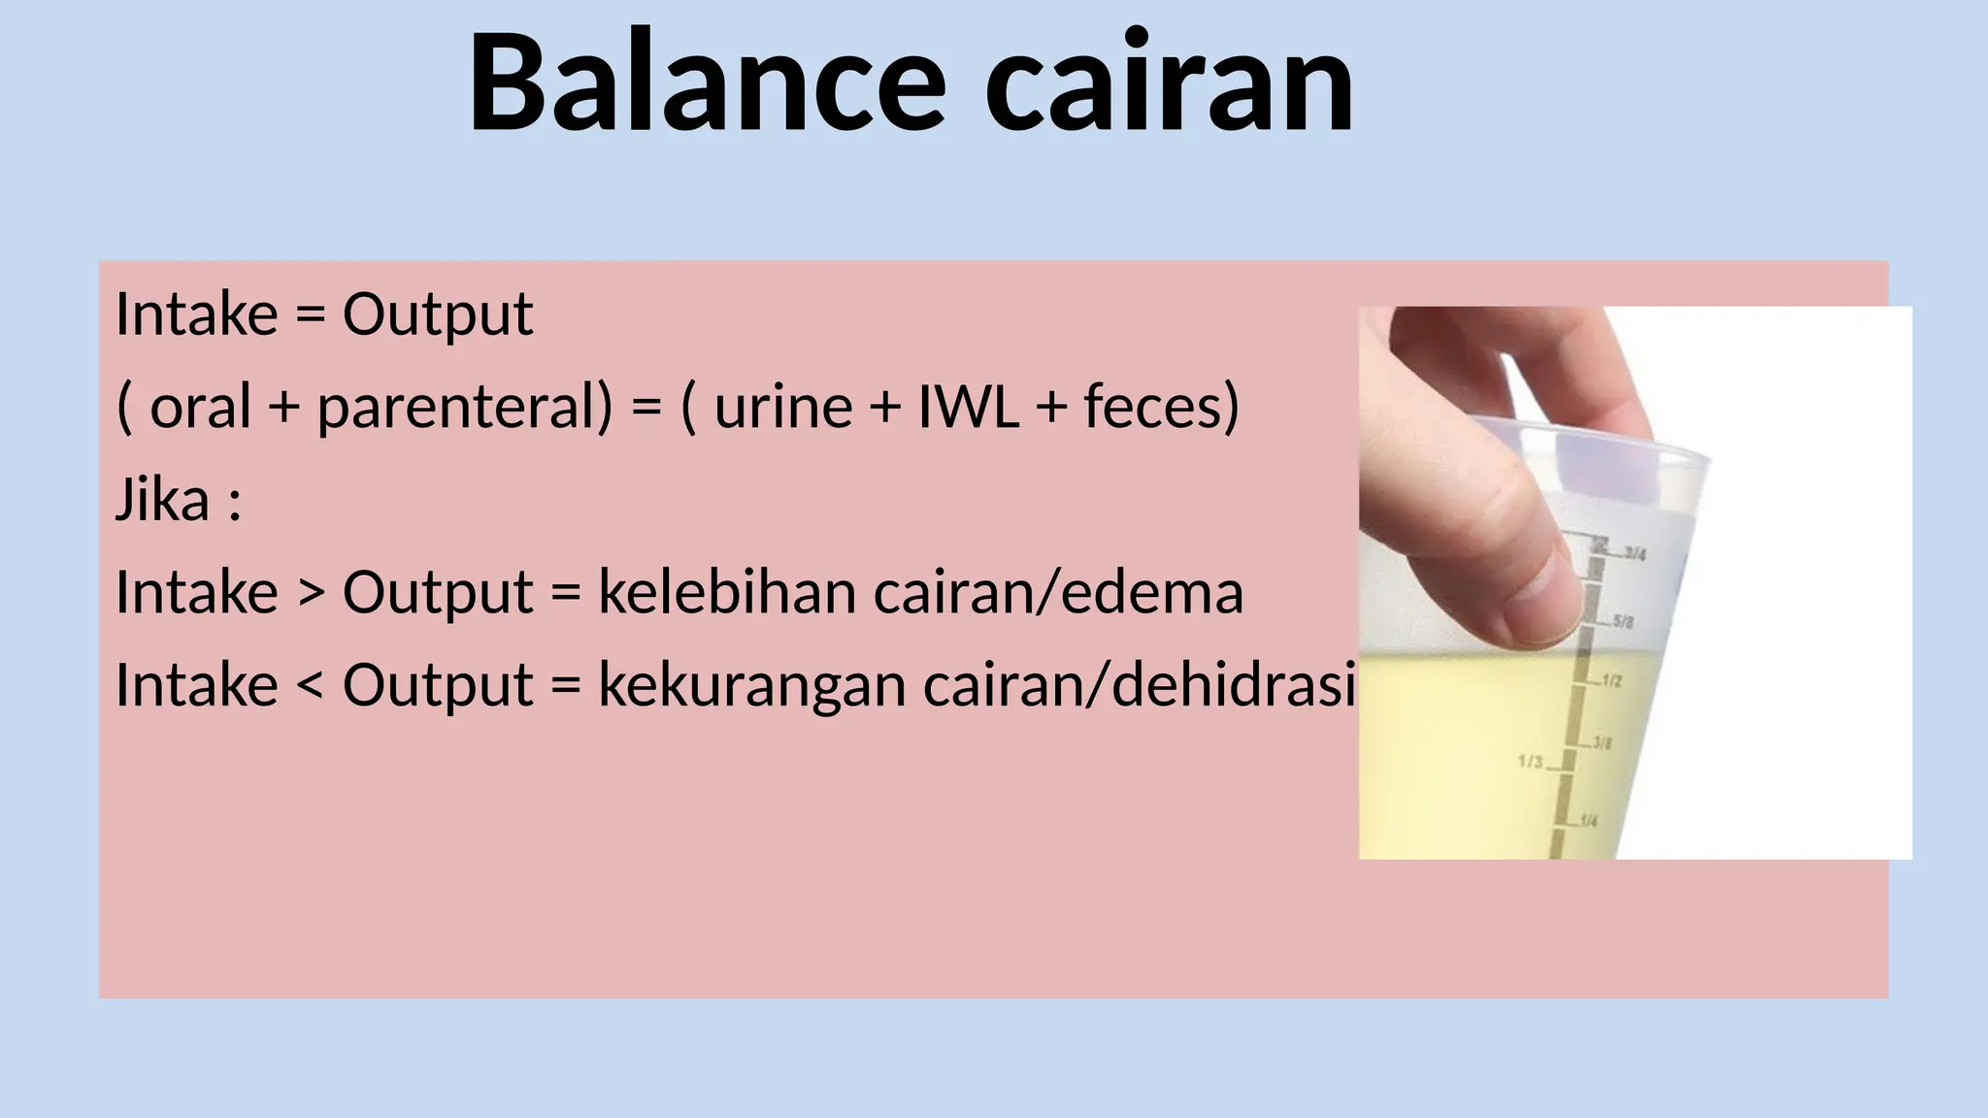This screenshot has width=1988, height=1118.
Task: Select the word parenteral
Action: pyautogui.click(x=464, y=408)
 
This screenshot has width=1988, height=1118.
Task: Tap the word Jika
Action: pyautogui.click(x=162, y=500)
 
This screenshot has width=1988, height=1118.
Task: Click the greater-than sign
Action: pyautogui.click(x=311, y=593)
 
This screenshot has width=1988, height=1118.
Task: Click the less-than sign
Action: pyautogui.click(x=311, y=685)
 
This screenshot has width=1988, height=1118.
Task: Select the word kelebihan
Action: pyautogui.click(x=727, y=592)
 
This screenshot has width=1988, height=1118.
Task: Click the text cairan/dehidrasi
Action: pyautogui.click(x=1138, y=685)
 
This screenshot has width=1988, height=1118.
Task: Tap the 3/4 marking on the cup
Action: pyautogui.click(x=1635, y=554)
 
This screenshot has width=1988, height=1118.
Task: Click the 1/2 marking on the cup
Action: pyautogui.click(x=1610, y=681)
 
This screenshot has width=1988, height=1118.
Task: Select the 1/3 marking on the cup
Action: pyautogui.click(x=1530, y=762)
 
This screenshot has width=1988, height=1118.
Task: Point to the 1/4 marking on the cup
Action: pyautogui.click(x=1588, y=821)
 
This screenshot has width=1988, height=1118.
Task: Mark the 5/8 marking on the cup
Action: pyautogui.click(x=1623, y=620)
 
